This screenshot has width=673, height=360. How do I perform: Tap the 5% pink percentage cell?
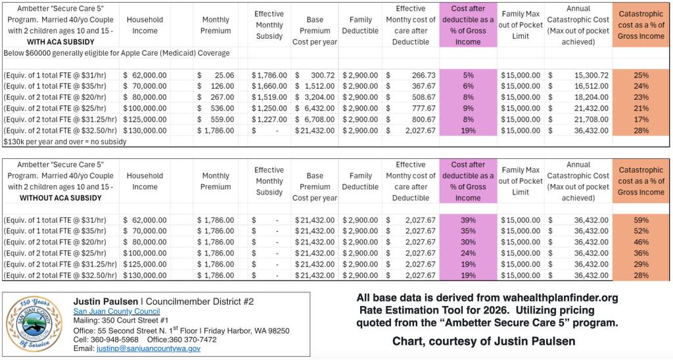[x=467, y=76]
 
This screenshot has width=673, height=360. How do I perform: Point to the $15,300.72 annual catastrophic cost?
[x=579, y=76]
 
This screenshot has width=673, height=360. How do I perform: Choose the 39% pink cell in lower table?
[x=467, y=219]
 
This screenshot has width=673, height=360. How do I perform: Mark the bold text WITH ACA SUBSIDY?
[x=60, y=41]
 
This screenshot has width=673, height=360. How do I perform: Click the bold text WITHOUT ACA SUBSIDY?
[x=60, y=198]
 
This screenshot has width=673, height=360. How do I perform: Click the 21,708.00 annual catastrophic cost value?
[x=579, y=120]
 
